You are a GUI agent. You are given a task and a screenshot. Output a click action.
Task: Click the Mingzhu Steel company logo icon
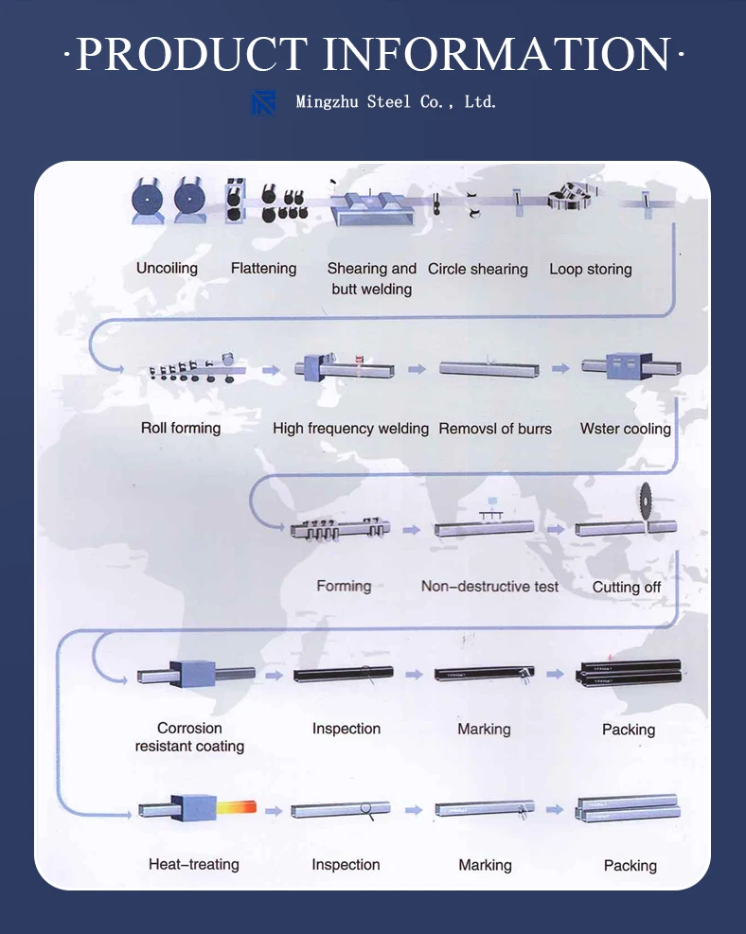pos(263,102)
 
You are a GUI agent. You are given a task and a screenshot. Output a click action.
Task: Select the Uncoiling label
pos(167,268)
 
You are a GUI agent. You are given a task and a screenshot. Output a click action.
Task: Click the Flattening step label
pos(263,268)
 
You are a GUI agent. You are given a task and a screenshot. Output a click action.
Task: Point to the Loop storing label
pos(591,270)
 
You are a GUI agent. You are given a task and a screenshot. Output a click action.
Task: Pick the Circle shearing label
pos(478,270)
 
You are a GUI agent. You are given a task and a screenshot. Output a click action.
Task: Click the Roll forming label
pos(181,428)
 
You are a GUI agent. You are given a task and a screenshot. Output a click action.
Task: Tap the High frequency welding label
pos(350,429)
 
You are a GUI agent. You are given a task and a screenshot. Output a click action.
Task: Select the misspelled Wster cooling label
pos(626,429)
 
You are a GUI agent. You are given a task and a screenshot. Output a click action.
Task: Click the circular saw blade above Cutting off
pos(646,501)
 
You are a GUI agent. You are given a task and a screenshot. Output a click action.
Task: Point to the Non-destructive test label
pos(489,587)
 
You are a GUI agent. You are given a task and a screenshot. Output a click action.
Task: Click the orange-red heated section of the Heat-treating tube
pos(236,808)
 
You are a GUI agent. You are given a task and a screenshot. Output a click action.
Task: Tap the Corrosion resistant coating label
pos(189,737)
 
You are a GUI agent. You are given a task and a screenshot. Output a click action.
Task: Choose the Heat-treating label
pos(194,864)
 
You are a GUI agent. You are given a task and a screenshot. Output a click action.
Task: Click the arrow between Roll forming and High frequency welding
pos(271,370)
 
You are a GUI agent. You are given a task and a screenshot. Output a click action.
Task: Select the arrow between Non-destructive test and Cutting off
pos(556,529)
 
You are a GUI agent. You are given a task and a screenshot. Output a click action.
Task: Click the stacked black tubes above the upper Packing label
pos(629,673)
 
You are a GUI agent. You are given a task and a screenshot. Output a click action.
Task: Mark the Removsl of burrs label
pos(495,429)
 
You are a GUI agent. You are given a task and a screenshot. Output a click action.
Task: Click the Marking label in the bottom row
pos(485,865)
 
